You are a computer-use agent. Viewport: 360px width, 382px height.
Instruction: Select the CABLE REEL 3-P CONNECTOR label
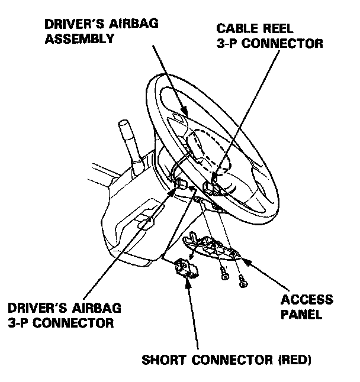click(269, 35)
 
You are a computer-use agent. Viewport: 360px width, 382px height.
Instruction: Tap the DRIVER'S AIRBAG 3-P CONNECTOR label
click(65, 315)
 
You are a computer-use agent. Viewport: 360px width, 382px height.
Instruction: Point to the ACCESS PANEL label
click(306, 307)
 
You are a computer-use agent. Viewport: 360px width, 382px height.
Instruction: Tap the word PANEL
click(302, 314)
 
